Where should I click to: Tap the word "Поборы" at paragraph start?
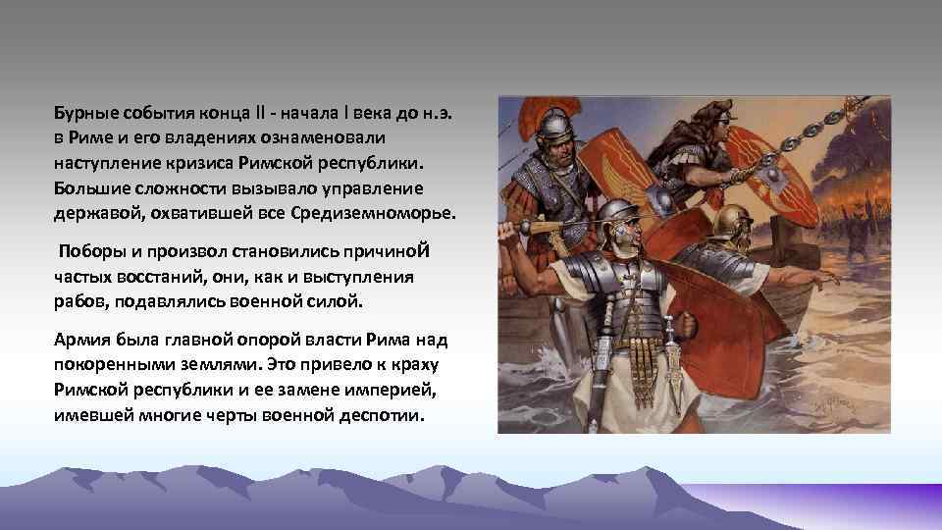[x=89, y=250]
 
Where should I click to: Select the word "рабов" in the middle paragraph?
[x=78, y=299]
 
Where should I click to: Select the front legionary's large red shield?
[x=701, y=324]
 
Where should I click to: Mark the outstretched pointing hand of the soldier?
[x=829, y=280]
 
